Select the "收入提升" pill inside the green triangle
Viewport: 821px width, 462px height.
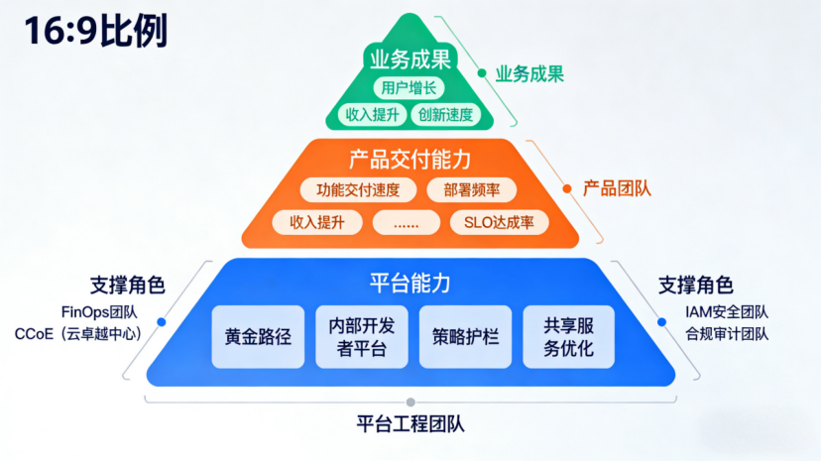coord(370,115)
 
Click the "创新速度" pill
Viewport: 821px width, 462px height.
coord(445,115)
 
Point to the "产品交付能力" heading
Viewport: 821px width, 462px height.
coord(410,159)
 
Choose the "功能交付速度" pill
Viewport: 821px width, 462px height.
coord(358,190)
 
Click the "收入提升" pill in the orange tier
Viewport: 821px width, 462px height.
coord(317,222)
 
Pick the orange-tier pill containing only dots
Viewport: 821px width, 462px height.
coord(407,222)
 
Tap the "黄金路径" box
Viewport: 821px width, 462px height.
coord(258,336)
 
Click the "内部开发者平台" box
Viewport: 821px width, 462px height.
coord(362,336)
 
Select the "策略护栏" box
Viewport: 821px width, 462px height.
coord(465,336)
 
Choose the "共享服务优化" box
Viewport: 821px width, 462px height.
coord(568,336)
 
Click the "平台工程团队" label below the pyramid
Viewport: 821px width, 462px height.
coord(410,424)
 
